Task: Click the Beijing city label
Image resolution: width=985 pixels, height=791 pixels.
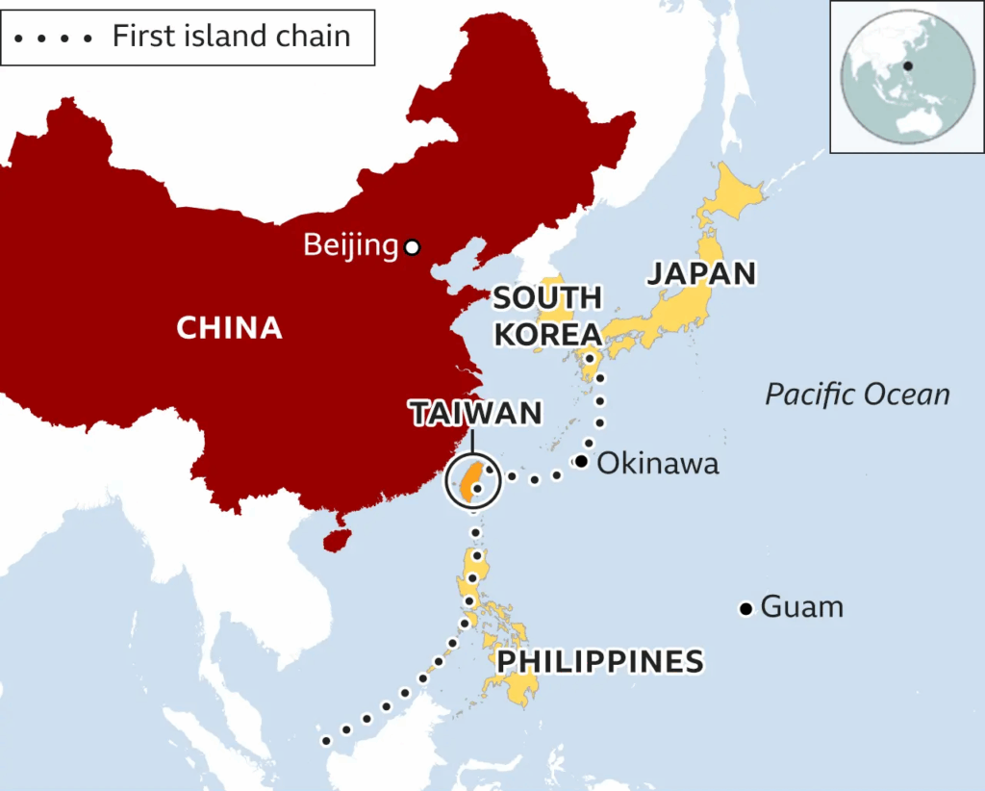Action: coord(350,245)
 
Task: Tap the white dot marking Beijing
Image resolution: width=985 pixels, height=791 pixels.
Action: coord(413,247)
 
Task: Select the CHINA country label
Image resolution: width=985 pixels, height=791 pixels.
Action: coord(229,328)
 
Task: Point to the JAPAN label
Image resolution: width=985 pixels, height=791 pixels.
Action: coord(701,273)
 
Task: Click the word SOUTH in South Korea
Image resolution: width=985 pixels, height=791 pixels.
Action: coord(546,298)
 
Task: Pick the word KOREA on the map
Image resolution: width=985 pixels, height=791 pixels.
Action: coord(547,335)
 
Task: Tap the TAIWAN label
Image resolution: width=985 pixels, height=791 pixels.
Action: coord(475,414)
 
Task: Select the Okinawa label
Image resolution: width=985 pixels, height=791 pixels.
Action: coord(658,464)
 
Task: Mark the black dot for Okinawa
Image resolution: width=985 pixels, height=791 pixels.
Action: coord(581,462)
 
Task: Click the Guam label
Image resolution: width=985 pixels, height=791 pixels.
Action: coord(801,607)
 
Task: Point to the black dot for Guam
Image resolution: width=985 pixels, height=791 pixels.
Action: coord(745,608)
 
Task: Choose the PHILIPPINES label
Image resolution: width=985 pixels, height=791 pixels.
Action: coord(599,662)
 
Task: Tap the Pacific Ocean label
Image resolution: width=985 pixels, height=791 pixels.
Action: coord(857,395)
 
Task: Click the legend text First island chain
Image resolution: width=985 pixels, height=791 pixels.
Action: coord(231,37)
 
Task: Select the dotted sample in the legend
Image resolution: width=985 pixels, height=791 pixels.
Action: coord(54,38)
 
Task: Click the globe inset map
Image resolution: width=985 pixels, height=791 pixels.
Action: coord(906,76)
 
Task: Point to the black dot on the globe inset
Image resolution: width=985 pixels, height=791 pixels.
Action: coord(906,66)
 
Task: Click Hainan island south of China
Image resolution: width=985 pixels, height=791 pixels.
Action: coord(336,540)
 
